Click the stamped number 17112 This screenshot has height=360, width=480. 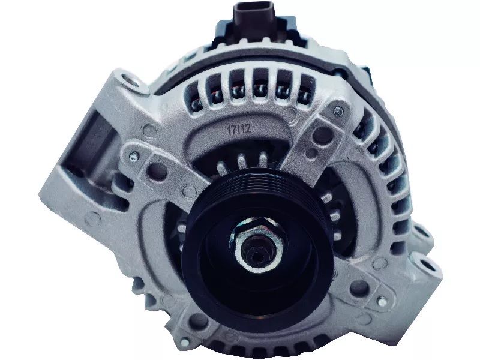click(x=239, y=128)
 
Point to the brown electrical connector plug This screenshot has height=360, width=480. click(x=254, y=17)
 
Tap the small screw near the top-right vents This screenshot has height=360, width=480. click(x=338, y=112)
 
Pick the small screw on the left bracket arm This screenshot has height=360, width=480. click(x=133, y=157)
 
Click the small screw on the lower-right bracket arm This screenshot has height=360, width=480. click(x=382, y=302)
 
